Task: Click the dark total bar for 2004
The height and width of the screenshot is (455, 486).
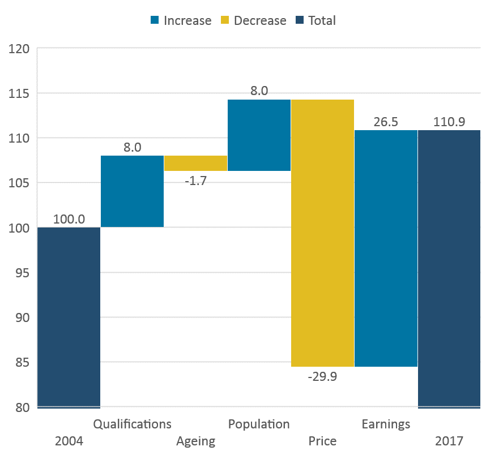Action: pyautogui.click(x=69, y=317)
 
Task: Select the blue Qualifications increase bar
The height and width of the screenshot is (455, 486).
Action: pyautogui.click(x=132, y=191)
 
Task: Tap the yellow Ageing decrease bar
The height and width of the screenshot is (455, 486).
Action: pyautogui.click(x=195, y=163)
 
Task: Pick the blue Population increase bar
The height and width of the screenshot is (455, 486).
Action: pyautogui.click(x=259, y=135)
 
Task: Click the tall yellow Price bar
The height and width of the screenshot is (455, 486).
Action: pyautogui.click(x=322, y=233)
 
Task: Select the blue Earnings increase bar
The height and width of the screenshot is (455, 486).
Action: pyautogui.click(x=386, y=248)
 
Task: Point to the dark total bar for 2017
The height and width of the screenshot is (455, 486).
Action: pyautogui.click(x=449, y=269)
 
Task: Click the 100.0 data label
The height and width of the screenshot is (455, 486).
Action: pyautogui.click(x=69, y=219)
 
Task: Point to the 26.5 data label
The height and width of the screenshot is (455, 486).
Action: pyautogui.click(x=386, y=122)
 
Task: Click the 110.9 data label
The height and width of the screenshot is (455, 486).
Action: pyautogui.click(x=449, y=122)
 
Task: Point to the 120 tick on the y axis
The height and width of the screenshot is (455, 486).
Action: pyautogui.click(x=19, y=49)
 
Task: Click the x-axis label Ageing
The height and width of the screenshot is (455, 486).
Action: pyautogui.click(x=195, y=441)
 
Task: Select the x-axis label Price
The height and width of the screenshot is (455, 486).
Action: pyautogui.click(x=322, y=441)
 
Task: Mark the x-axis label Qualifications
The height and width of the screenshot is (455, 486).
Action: pyautogui.click(x=132, y=424)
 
